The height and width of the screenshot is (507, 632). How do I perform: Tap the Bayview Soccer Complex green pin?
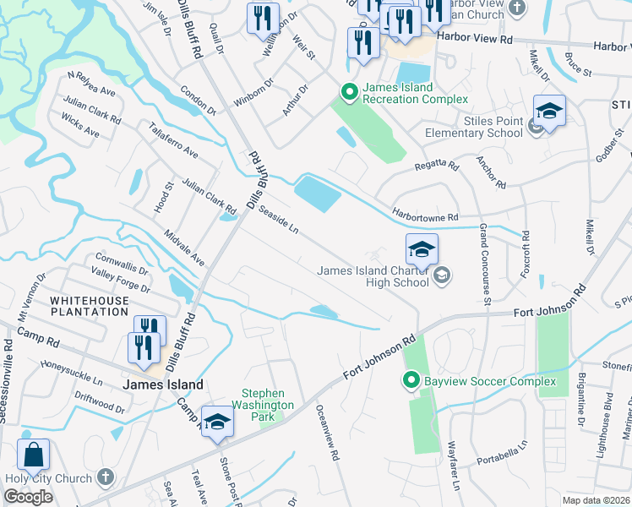[x=411, y=382]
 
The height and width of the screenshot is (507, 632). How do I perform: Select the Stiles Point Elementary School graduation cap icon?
[x=549, y=111]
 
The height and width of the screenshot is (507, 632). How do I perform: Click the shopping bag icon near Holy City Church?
[x=33, y=456]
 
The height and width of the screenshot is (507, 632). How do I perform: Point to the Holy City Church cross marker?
[x=105, y=478]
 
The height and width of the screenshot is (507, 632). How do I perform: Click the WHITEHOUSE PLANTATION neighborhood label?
[x=89, y=306]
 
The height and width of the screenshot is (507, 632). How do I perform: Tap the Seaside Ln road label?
[x=279, y=218]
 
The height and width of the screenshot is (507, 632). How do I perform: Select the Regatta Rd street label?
[x=436, y=166]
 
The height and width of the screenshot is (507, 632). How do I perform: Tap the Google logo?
[x=28, y=497]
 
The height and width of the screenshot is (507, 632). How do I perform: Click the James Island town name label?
[x=163, y=384]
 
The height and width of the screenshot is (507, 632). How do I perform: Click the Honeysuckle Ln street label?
[x=73, y=373]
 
